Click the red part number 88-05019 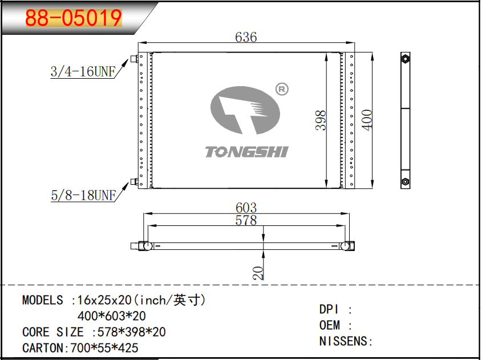[74, 18]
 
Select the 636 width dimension [246, 37]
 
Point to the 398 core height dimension [321, 120]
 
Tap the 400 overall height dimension [367, 120]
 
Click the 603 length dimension [246, 208]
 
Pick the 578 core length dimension [246, 220]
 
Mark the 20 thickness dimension [258, 273]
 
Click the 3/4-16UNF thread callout [83, 72]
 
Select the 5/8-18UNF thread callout [83, 195]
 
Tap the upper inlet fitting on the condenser [134, 58]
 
